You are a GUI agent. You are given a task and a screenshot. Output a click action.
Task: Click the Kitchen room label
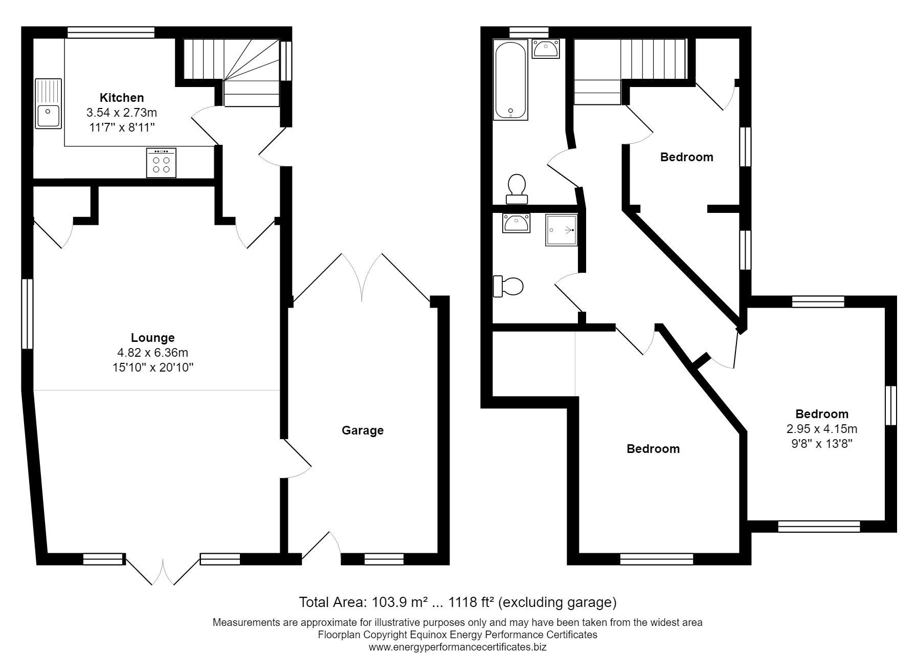[122, 97]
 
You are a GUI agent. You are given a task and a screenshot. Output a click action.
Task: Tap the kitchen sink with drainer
[49, 103]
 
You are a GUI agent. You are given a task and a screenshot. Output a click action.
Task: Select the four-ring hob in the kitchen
[161, 163]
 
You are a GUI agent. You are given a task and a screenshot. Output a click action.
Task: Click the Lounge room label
[153, 338]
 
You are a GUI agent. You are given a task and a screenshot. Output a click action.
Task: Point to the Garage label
[363, 430]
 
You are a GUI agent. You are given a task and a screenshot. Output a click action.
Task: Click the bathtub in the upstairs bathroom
[510, 80]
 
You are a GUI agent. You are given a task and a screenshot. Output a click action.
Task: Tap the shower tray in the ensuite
[562, 230]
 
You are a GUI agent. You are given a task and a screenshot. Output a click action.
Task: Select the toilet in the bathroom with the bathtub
[517, 188]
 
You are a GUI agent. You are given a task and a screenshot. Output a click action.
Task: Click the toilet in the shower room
[509, 286]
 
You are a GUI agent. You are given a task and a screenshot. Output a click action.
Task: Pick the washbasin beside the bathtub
[546, 49]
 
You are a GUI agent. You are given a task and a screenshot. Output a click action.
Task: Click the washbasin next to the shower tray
[516, 223]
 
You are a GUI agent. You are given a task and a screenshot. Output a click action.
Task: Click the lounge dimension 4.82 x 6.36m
[153, 353]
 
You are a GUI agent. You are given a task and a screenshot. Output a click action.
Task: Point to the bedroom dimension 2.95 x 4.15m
[822, 428]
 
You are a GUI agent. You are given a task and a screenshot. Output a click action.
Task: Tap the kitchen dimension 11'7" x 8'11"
[122, 127]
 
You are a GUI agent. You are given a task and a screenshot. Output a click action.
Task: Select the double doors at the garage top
[362, 276]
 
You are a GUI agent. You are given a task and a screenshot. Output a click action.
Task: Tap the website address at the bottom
[458, 647]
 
